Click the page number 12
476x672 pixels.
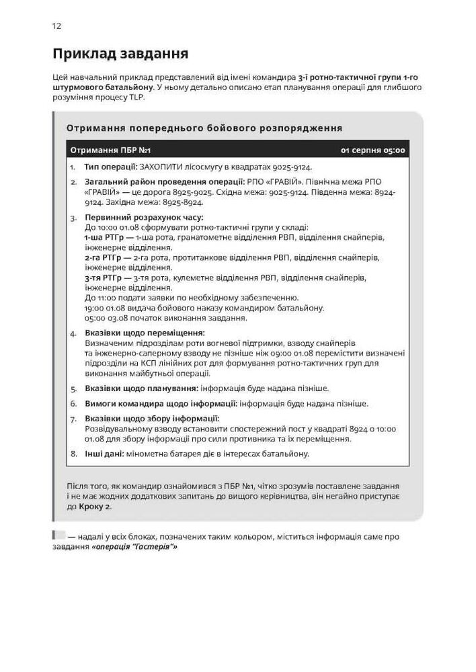coord(56,26)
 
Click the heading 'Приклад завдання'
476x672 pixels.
coord(120,53)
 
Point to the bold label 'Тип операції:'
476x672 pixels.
coord(111,167)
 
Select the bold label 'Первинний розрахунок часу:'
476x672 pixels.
coord(143,218)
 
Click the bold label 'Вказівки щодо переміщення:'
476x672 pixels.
coord(144,333)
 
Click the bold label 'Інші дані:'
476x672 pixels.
coord(103,454)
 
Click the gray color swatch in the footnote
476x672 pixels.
coord(59,536)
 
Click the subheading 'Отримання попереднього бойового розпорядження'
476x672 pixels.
coord(204,128)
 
